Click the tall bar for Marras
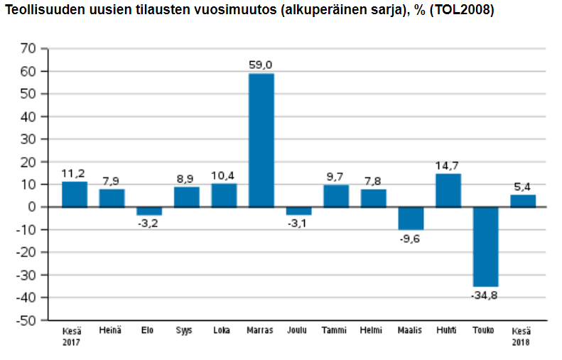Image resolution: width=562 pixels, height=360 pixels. [x=261, y=140]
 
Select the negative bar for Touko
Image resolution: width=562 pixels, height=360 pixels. [x=485, y=246]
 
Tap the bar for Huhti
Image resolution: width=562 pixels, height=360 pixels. [x=448, y=190]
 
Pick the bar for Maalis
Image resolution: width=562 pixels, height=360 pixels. [x=411, y=218]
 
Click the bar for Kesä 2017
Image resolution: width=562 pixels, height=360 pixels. [x=75, y=195]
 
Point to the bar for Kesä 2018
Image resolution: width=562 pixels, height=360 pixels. [x=523, y=201]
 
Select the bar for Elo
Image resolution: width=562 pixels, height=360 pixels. [x=149, y=211]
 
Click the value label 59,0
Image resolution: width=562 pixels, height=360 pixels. [x=261, y=65]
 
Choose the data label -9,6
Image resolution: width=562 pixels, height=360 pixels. [x=411, y=239]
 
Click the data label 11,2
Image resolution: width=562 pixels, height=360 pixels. [x=75, y=173]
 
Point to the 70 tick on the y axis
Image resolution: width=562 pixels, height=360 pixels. [x=28, y=48]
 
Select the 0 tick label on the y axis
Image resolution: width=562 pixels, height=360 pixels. [x=32, y=207]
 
